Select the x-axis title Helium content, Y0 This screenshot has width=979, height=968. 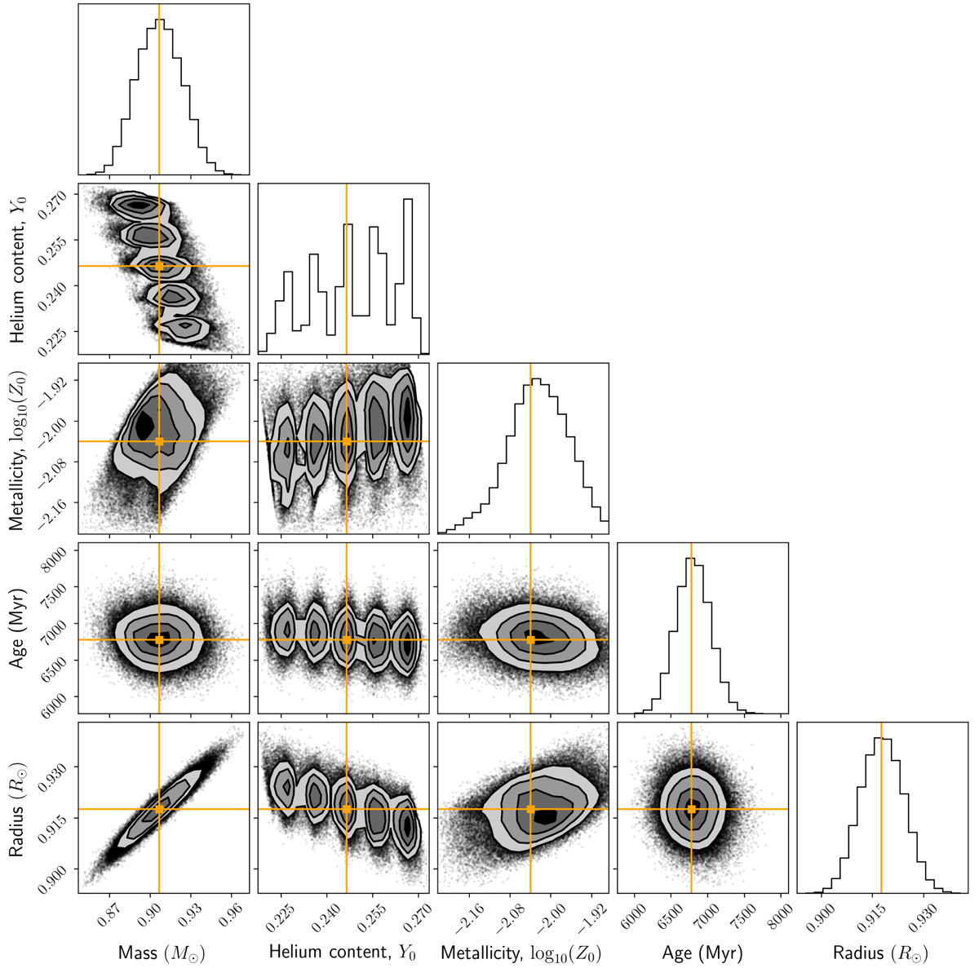tap(343, 950)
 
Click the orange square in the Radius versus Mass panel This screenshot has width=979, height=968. tap(159, 809)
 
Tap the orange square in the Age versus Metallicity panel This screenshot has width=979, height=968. tap(530, 640)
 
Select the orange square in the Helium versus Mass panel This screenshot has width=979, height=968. tap(159, 266)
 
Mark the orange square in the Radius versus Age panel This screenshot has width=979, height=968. tap(691, 809)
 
